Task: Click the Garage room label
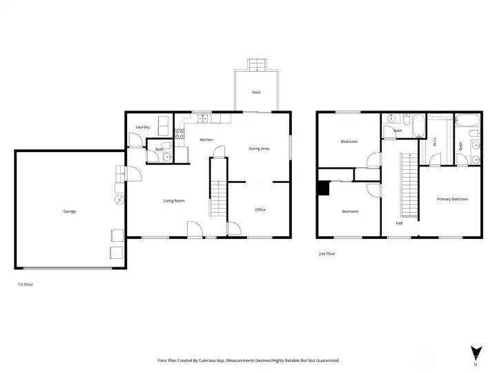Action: tap(69, 211)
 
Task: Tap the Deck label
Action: tap(256, 92)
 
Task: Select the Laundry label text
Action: tap(143, 127)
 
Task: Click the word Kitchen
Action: tap(206, 140)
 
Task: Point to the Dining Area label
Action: tap(259, 149)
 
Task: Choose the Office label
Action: tap(260, 209)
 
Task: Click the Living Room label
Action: tap(174, 201)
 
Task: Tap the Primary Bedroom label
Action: tap(452, 199)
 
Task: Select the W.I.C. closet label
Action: tap(435, 141)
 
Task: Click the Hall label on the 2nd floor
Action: tap(400, 223)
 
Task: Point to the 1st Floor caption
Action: tap(25, 284)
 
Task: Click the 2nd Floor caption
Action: tap(327, 254)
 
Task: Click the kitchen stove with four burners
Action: tap(179, 135)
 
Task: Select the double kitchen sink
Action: tap(204, 119)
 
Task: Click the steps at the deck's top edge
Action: tap(256, 65)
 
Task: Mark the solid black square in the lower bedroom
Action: tap(323, 187)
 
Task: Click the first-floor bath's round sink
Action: tap(168, 157)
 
